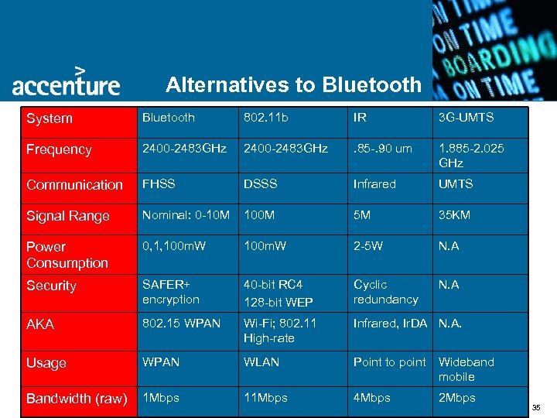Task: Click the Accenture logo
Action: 66,81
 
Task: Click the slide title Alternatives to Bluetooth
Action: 293,84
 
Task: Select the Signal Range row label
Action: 68,216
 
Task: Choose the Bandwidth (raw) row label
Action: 76,399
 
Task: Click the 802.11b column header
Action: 266,118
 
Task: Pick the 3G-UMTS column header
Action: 466,118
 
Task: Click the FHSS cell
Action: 159,184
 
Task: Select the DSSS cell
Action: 261,184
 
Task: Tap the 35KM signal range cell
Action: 454,215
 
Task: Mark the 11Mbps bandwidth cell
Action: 265,398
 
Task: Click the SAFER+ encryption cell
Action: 170,292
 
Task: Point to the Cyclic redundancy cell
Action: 385,292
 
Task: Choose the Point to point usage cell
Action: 389,362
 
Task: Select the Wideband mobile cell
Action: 466,369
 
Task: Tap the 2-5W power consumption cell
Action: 368,246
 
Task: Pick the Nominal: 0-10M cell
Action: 186,215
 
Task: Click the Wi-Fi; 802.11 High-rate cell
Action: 280,331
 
